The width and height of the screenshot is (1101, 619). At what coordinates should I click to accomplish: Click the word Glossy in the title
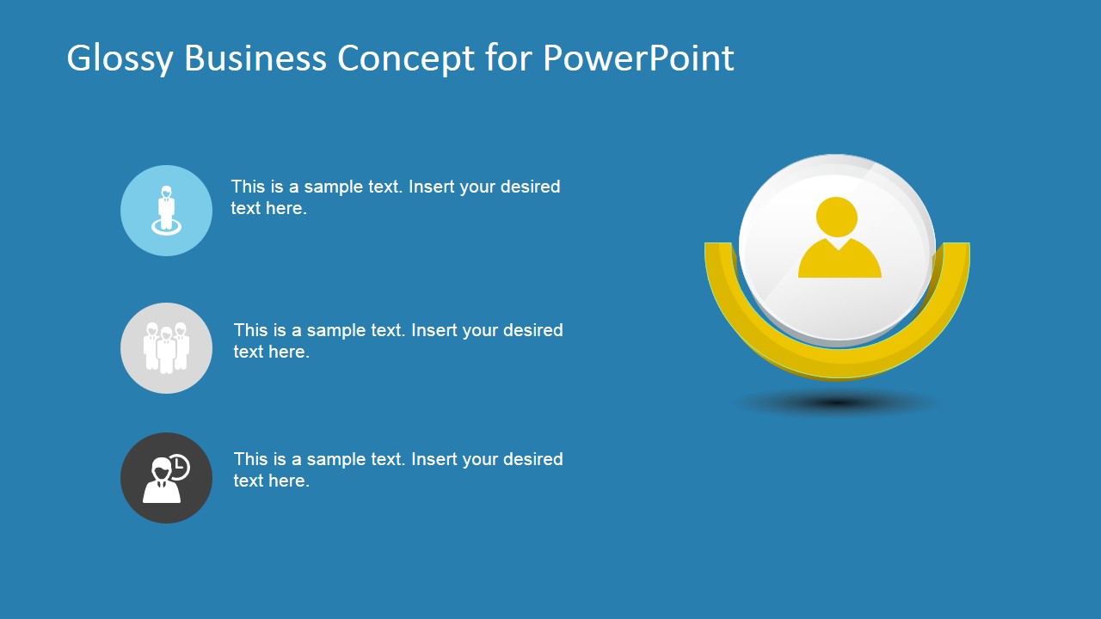(120, 59)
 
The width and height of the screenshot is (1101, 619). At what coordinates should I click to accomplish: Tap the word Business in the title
(255, 58)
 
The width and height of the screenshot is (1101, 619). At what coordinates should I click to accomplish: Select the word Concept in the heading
(406, 59)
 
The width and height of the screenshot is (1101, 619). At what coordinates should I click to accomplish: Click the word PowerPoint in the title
(638, 58)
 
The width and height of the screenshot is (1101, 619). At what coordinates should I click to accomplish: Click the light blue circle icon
(167, 211)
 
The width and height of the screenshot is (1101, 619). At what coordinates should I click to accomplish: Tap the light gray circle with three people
(167, 348)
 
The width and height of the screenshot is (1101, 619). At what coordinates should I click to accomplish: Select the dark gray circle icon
(167, 477)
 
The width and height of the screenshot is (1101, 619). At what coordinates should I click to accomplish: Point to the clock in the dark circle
(179, 467)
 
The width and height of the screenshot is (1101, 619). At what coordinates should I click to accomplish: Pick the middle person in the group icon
(167, 350)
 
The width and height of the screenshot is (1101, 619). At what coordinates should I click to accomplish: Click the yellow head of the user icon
(837, 218)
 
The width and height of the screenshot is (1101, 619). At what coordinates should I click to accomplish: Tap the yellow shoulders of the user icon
(840, 259)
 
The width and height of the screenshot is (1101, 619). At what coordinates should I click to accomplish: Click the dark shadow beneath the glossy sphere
(837, 403)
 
